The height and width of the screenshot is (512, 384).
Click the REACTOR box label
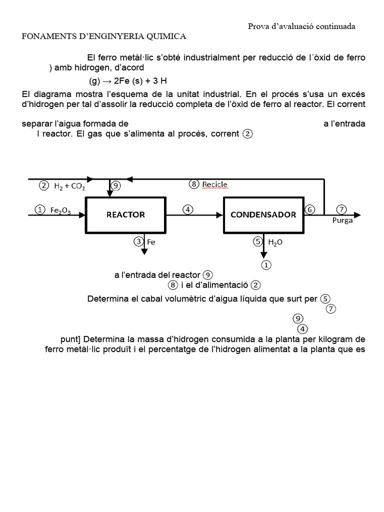tap(125, 214)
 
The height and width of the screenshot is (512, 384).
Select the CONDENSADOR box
tap(263, 214)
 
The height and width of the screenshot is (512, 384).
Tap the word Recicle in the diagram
tap(215, 184)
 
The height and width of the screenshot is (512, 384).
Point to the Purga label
tap(342, 220)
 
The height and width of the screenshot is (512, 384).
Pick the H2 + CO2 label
tap(69, 186)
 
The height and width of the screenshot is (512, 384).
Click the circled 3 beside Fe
tap(138, 242)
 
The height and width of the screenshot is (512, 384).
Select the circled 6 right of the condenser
tap(310, 209)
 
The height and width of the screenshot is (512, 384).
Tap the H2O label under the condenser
tap(275, 242)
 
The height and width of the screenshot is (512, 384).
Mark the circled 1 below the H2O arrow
tap(266, 265)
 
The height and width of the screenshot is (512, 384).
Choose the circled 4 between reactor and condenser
tap(187, 209)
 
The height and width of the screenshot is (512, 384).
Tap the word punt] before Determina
tap(71, 339)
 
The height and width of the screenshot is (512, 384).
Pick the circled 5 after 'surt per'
tap(325, 299)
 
